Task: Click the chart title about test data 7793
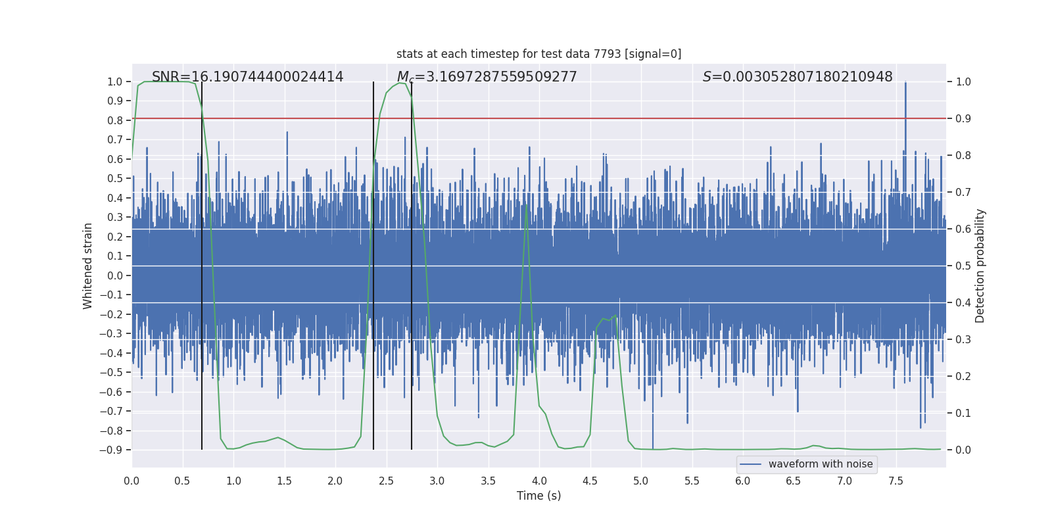(538, 54)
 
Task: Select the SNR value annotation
(247, 77)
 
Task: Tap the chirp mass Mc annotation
(487, 77)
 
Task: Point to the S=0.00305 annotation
(797, 77)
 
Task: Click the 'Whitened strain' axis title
(88, 266)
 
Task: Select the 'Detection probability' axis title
(980, 266)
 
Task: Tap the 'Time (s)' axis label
(538, 496)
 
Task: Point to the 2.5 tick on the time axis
(386, 481)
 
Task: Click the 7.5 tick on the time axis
(896, 481)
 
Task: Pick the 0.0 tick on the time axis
(131, 481)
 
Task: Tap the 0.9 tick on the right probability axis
(963, 119)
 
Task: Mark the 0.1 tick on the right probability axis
(963, 414)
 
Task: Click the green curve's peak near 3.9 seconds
(526, 205)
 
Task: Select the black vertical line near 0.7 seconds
(202, 263)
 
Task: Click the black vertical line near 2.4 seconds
(373, 263)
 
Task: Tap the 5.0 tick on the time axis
(641, 481)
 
